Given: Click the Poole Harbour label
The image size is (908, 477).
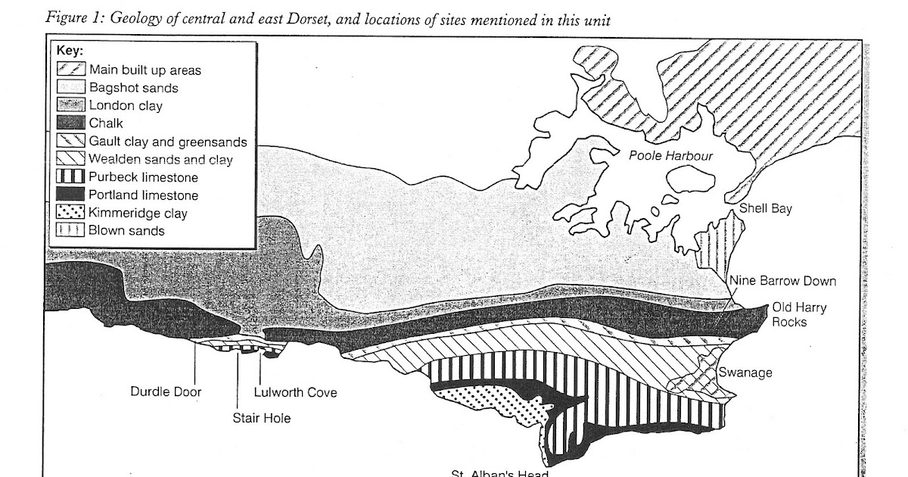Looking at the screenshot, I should (671, 156).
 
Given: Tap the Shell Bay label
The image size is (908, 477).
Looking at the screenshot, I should (765, 209).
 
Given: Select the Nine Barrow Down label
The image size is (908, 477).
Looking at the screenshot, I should (783, 282).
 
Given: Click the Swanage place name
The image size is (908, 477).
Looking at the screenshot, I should (745, 373).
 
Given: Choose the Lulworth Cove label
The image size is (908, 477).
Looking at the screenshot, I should (295, 392).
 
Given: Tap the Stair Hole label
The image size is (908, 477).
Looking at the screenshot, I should (261, 417).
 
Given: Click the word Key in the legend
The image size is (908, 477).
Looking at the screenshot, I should (70, 51).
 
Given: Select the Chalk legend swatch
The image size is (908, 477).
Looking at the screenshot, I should (71, 123).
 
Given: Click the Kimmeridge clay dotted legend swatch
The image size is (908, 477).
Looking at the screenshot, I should (71, 213).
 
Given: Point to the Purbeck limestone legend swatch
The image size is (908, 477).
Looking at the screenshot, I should (71, 177).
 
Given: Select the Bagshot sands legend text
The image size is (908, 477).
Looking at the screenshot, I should (133, 88).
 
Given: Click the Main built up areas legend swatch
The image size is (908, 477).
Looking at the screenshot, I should (71, 70).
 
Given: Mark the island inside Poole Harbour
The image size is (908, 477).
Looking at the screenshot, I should (692, 182).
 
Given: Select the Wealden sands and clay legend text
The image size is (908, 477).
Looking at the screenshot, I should (160, 160).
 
